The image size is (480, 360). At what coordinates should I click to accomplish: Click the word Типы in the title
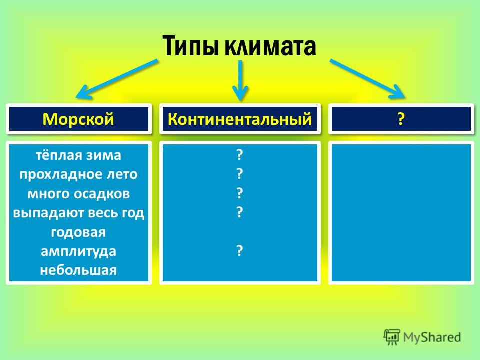click(191, 46)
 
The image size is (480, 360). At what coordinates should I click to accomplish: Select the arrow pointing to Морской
click(117, 79)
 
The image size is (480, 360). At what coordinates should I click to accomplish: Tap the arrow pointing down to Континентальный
click(240, 80)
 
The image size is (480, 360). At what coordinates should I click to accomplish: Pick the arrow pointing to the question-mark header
click(367, 79)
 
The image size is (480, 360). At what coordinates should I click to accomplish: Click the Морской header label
click(78, 119)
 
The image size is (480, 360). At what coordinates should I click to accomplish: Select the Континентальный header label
click(240, 119)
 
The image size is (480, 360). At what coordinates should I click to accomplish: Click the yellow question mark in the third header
click(401, 119)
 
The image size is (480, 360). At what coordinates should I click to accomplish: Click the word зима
click(103, 155)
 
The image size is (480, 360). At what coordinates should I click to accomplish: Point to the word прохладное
click(57, 175)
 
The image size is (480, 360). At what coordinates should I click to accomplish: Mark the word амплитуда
click(78, 252)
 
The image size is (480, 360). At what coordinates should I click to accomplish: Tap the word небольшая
click(78, 270)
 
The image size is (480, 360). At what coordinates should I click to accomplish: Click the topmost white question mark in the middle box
click(240, 155)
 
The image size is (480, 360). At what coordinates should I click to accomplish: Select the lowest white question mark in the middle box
click(240, 250)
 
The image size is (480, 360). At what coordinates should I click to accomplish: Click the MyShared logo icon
click(392, 337)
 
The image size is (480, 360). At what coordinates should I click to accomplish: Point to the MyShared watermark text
click(432, 337)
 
